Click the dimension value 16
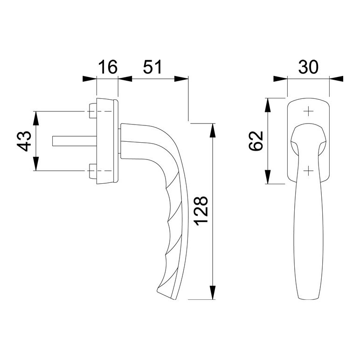[108, 67]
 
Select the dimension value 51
[152, 67]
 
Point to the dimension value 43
[24, 141]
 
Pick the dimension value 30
[308, 67]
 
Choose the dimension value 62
[256, 141]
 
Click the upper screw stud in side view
[93, 111]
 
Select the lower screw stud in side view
[93, 171]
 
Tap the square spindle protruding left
[75, 141]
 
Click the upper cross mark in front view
[309, 111]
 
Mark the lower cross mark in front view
[309, 171]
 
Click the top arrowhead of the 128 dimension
[213, 131]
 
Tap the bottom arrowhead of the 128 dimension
[213, 292]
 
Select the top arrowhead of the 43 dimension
[35, 118]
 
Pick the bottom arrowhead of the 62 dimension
[268, 177]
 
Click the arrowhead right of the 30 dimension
[336, 79]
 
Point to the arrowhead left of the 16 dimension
[90, 79]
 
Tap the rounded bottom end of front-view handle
[308, 298]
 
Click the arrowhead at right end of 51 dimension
[181, 79]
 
